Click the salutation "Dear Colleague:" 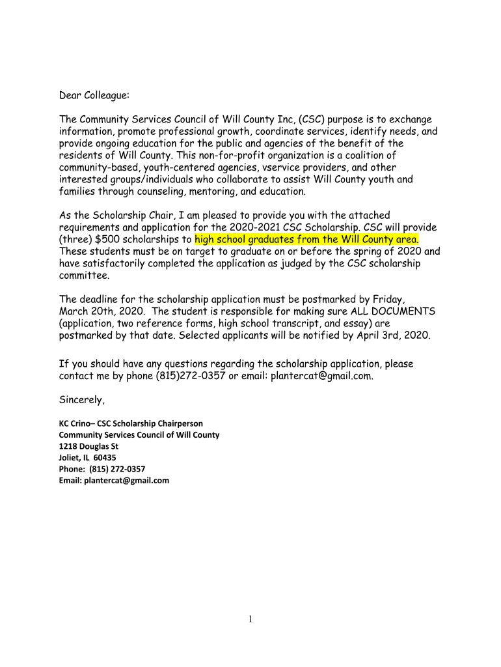coord(94,96)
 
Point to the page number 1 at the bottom coord(250,619)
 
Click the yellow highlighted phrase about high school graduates coord(306,239)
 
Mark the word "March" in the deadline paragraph coord(74,311)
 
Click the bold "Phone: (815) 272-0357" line coord(102,469)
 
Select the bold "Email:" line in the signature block coord(114,481)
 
